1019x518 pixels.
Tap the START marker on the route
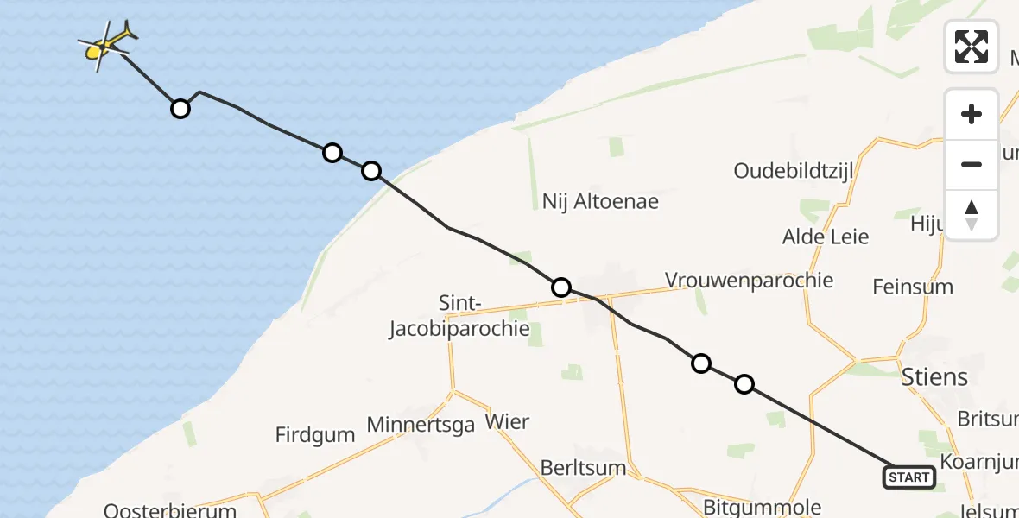point(908,477)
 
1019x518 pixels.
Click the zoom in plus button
point(972,114)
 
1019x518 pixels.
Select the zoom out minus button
point(972,164)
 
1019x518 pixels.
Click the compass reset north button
point(972,215)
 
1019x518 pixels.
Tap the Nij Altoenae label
point(600,202)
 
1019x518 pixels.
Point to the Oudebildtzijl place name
point(794,171)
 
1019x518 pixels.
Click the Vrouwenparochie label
point(749,281)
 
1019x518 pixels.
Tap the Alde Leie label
point(825,237)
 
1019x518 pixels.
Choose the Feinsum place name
point(913,287)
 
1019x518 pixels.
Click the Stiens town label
point(934,377)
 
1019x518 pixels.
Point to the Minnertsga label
point(421,425)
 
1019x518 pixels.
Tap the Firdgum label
point(315,434)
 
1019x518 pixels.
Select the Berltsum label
point(583,467)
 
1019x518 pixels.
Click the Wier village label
point(507,422)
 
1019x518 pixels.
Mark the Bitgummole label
point(762,507)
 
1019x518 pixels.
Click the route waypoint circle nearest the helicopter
point(180,109)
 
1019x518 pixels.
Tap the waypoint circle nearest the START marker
point(744,384)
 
